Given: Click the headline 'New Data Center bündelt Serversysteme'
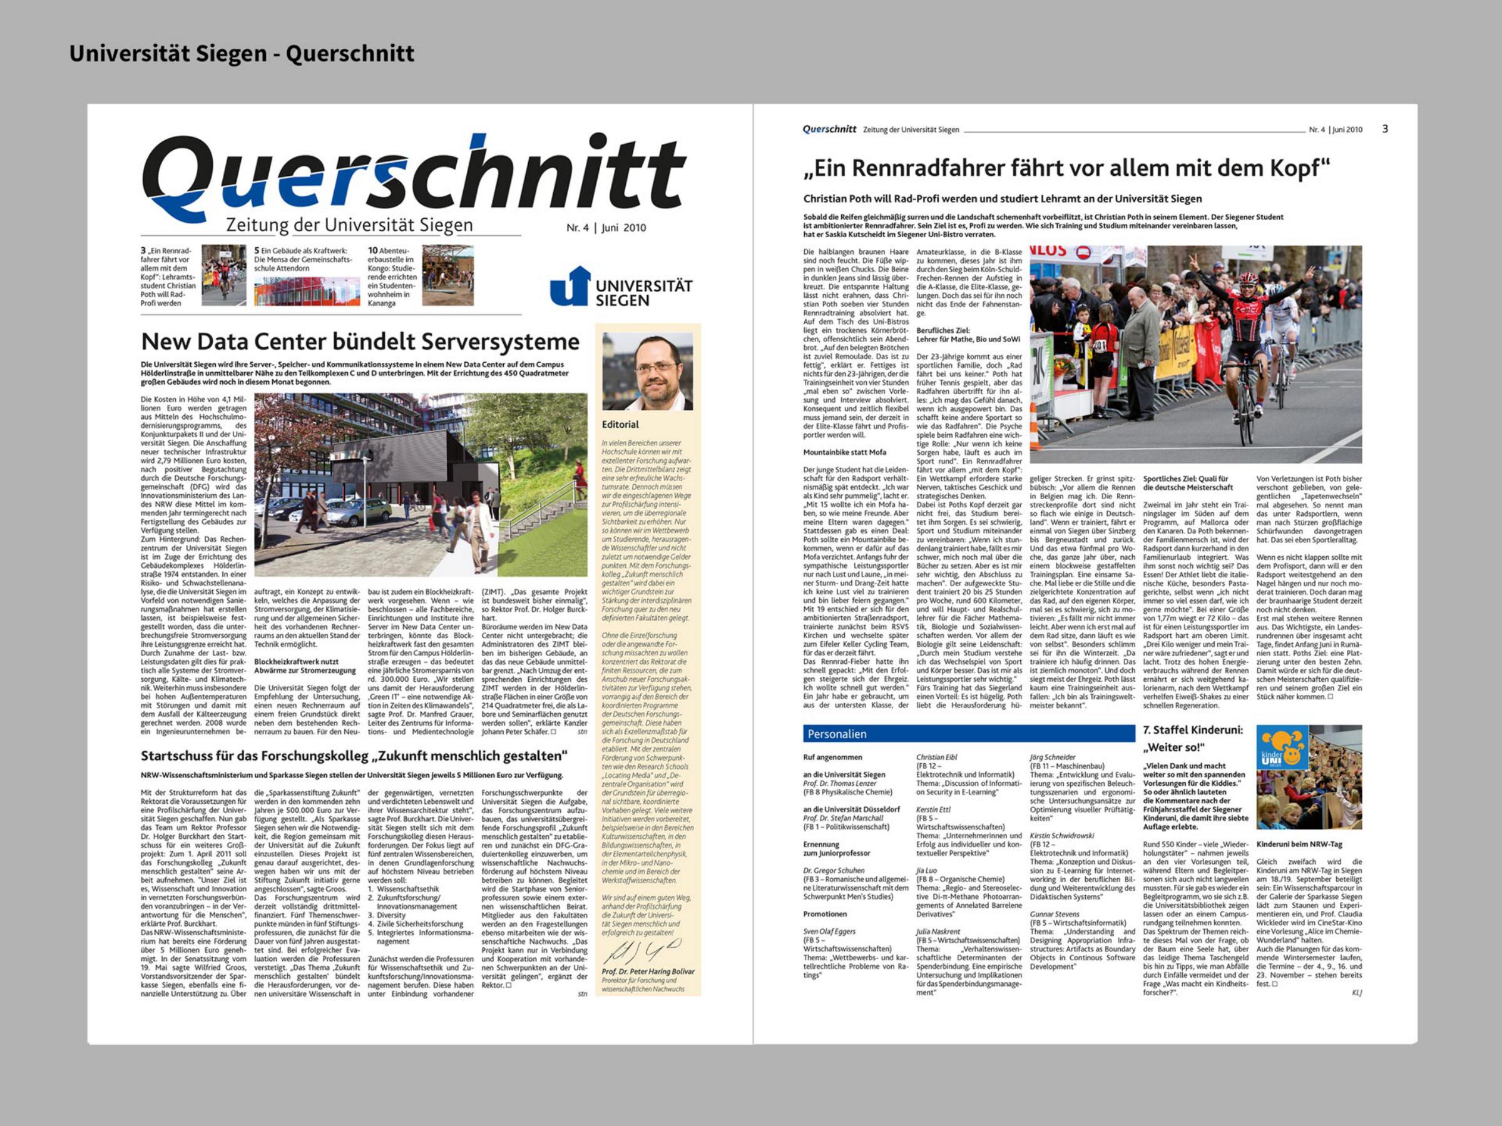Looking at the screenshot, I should (360, 342).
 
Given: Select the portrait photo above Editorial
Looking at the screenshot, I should (647, 371).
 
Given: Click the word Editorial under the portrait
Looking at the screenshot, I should (620, 424).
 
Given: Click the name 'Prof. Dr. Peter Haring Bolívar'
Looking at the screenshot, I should (648, 971).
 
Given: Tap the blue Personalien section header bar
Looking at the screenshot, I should (968, 734).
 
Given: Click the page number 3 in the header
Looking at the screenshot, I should (1385, 129).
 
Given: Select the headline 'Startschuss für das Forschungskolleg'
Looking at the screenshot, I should (354, 756).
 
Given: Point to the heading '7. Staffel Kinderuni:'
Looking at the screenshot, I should (1193, 730).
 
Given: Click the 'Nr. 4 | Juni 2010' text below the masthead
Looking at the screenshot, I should (606, 228).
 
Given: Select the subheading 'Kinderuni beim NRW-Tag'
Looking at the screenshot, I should (1299, 844).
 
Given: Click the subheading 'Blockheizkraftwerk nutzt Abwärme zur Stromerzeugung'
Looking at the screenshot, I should (304, 666).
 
